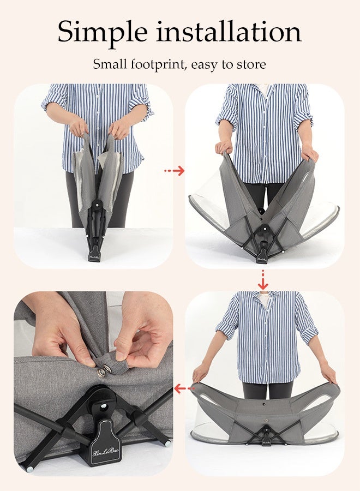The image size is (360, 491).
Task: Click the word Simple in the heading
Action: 103,33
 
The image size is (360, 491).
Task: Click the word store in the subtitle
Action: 251,64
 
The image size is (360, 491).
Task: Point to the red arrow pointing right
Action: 175,171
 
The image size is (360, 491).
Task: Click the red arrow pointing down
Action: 263,280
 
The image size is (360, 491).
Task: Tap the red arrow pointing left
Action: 184,389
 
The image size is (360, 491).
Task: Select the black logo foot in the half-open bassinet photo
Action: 261,257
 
